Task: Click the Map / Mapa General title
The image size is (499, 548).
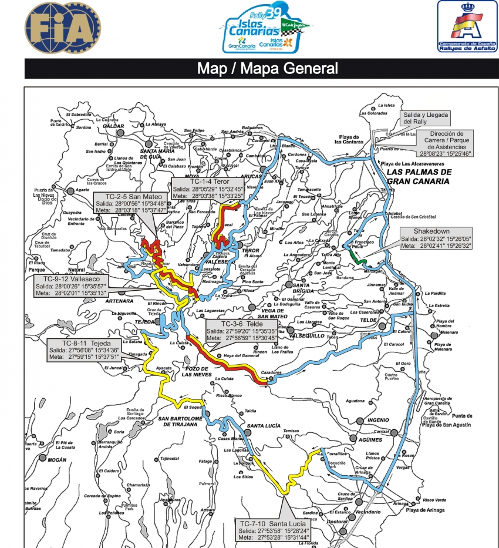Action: tap(267, 68)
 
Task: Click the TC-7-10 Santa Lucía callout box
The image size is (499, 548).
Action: tap(272, 529)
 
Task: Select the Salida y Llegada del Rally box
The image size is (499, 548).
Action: tap(424, 119)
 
